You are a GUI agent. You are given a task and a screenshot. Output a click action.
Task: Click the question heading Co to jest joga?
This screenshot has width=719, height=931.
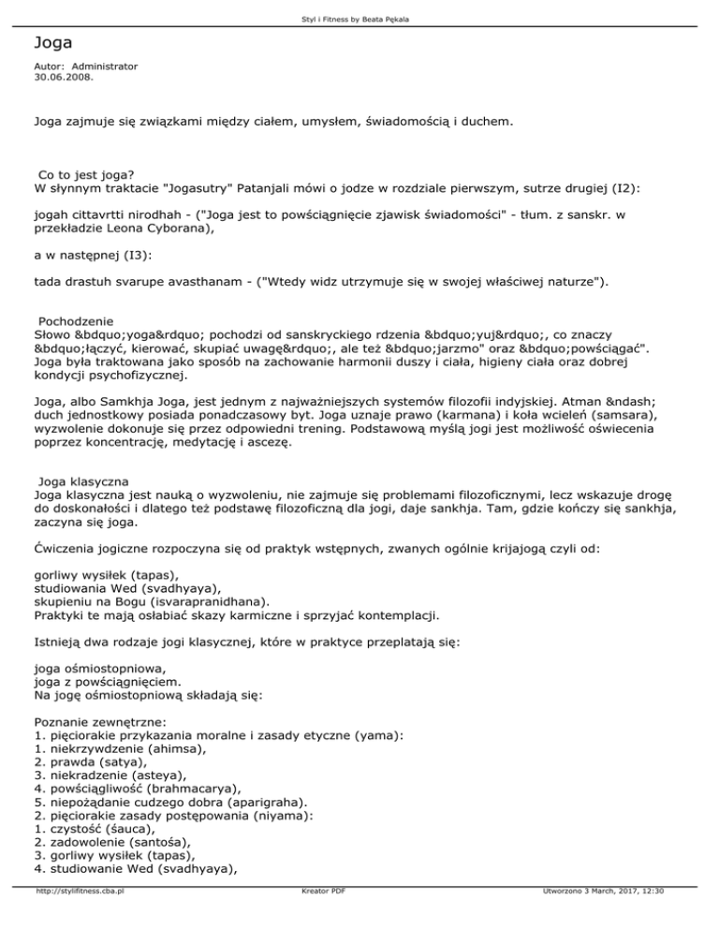(86, 175)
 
